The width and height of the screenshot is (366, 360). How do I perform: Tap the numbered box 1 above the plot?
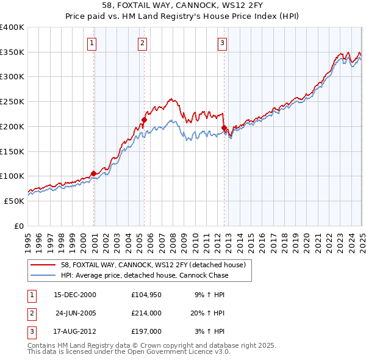[91, 43]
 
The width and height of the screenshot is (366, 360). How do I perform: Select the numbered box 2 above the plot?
[142, 43]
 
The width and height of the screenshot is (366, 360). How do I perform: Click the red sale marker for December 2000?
[94, 173]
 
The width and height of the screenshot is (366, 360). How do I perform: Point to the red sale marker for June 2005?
[145, 120]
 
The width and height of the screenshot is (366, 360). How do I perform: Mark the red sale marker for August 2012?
[224, 128]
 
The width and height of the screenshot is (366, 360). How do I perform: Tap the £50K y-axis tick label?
[14, 201]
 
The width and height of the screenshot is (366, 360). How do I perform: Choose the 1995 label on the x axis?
[28, 240]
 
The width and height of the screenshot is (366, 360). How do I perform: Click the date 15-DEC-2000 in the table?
[75, 295]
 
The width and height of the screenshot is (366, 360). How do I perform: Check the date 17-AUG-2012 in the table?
[75, 332]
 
